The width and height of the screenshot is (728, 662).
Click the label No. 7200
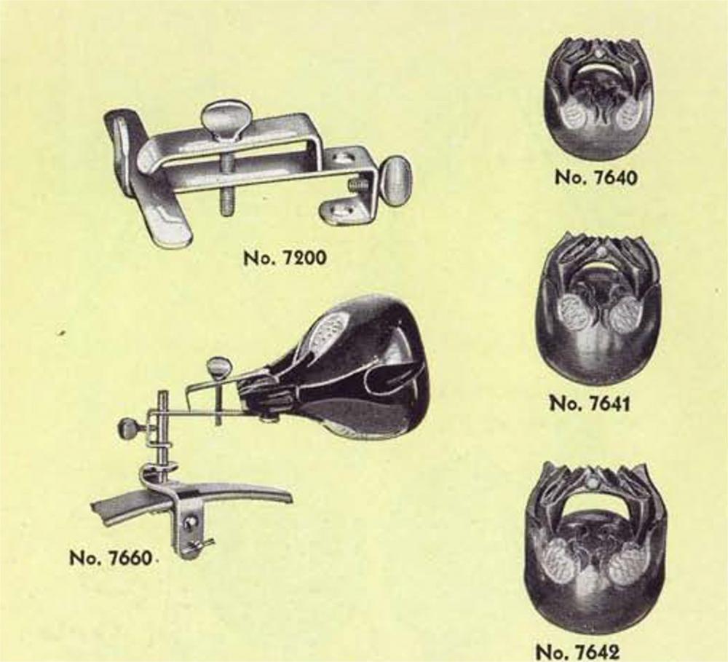pyautogui.click(x=285, y=257)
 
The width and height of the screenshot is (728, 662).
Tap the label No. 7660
pyautogui.click(x=111, y=557)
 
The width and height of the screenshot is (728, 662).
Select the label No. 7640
pyautogui.click(x=596, y=178)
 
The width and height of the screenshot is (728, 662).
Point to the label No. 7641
pyautogui.click(x=590, y=403)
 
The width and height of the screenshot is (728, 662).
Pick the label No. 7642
pyautogui.click(x=577, y=651)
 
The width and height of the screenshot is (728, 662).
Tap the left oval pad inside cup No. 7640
pyautogui.click(x=575, y=115)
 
